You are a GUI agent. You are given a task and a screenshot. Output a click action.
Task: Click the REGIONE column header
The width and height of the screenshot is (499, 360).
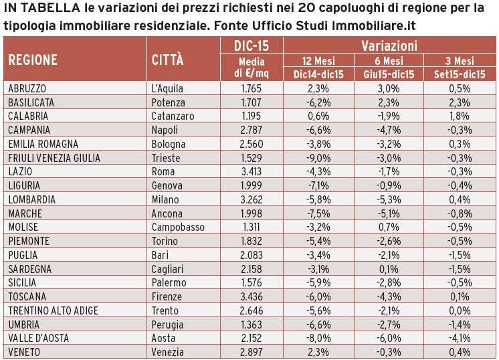coord(33,59)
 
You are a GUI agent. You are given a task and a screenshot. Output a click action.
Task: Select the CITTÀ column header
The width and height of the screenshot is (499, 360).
coord(168,59)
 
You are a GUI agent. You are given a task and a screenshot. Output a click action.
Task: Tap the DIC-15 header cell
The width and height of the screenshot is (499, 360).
coord(252,46)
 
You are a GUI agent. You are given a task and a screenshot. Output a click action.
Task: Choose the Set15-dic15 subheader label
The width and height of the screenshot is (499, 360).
coord(460,74)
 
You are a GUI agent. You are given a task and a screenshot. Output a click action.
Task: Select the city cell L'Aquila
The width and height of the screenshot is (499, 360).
coord(168,88)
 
